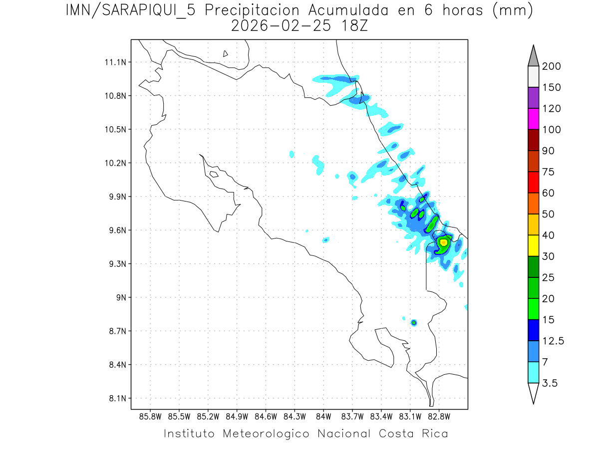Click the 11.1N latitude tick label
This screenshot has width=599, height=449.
[x=113, y=62]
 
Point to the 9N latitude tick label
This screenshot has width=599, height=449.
[x=118, y=297]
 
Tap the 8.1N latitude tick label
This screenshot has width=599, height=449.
[x=114, y=399]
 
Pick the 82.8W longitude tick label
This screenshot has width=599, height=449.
[x=439, y=416]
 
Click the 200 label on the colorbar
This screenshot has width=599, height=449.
[x=551, y=66]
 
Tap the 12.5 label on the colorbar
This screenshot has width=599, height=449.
[x=552, y=341]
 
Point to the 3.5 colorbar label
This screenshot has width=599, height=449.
[x=550, y=383]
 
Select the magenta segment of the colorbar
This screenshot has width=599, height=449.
[x=533, y=119]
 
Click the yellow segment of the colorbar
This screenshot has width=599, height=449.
[x=533, y=245]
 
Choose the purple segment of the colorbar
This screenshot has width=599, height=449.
[x=533, y=98]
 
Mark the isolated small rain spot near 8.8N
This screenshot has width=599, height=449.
[x=414, y=323]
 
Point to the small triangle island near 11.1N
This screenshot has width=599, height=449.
[x=226, y=53]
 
